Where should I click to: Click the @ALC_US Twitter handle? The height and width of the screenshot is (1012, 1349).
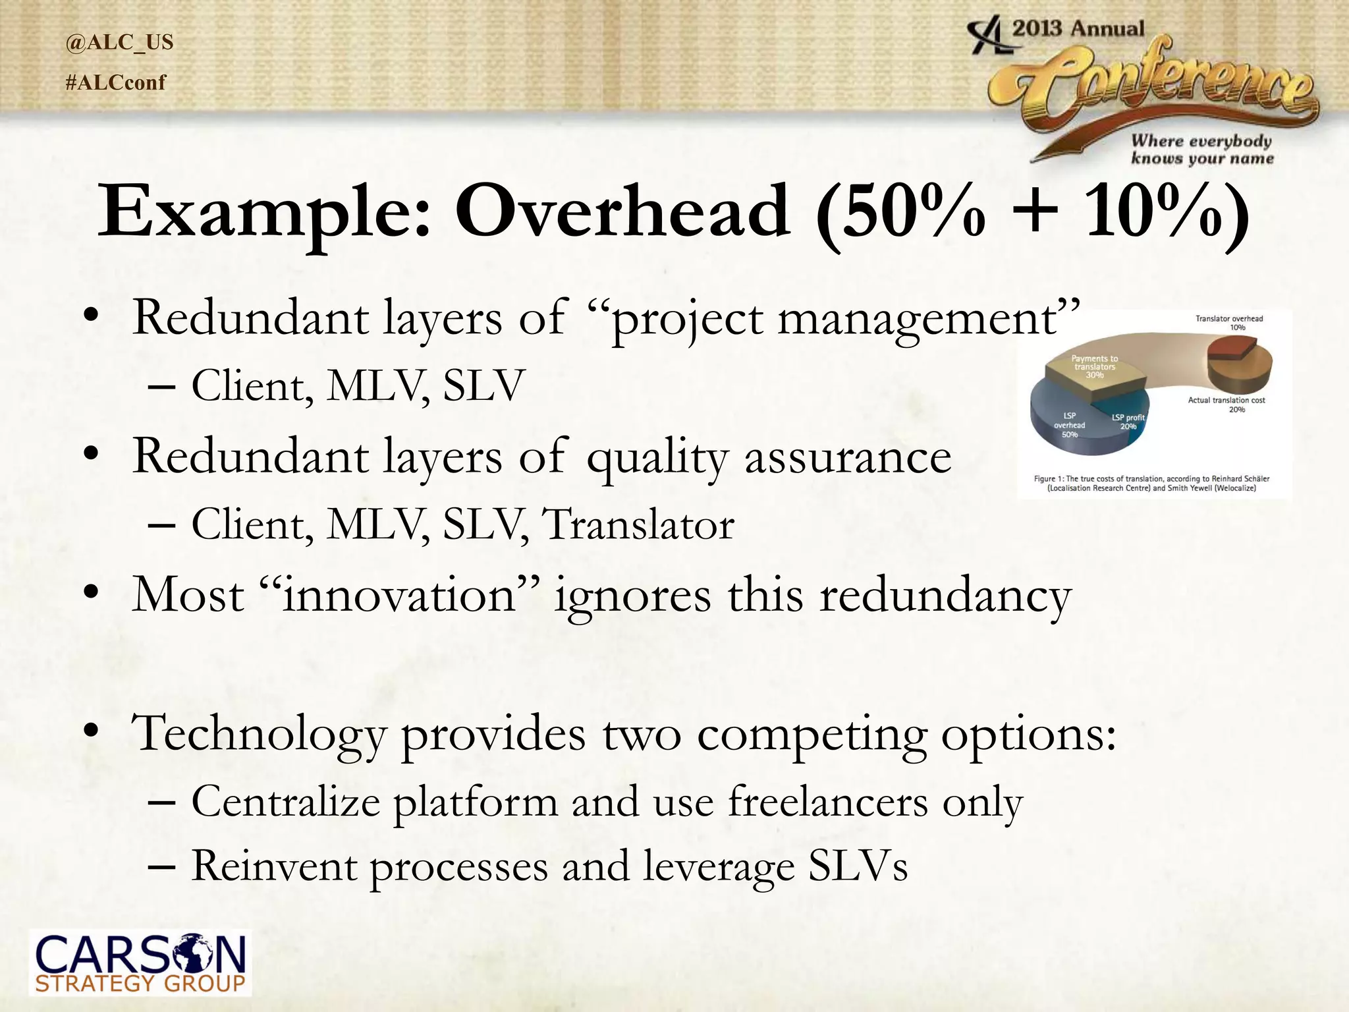pyautogui.click(x=119, y=42)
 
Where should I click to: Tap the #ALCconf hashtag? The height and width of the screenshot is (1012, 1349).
pyautogui.click(x=116, y=83)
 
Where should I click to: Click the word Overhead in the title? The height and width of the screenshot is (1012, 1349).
pyautogui.click(x=622, y=211)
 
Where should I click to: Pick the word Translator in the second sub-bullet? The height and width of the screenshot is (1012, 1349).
pyautogui.click(x=638, y=525)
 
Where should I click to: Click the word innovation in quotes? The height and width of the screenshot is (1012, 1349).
pyautogui.click(x=398, y=595)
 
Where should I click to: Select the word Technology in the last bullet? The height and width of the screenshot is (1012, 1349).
pyautogui.click(x=258, y=733)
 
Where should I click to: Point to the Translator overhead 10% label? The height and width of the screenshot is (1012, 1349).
pyautogui.click(x=1229, y=323)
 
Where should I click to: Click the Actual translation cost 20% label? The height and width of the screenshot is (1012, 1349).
pyautogui.click(x=1226, y=405)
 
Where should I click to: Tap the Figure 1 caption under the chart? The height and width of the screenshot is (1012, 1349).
pyautogui.click(x=1151, y=483)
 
